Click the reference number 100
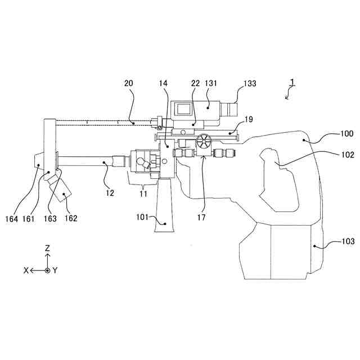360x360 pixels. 346,134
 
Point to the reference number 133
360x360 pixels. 249,83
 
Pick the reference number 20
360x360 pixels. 129,83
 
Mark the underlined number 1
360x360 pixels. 292,83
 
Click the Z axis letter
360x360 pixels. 48,247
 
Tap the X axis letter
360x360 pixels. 26,270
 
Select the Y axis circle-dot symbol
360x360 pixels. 48,270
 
